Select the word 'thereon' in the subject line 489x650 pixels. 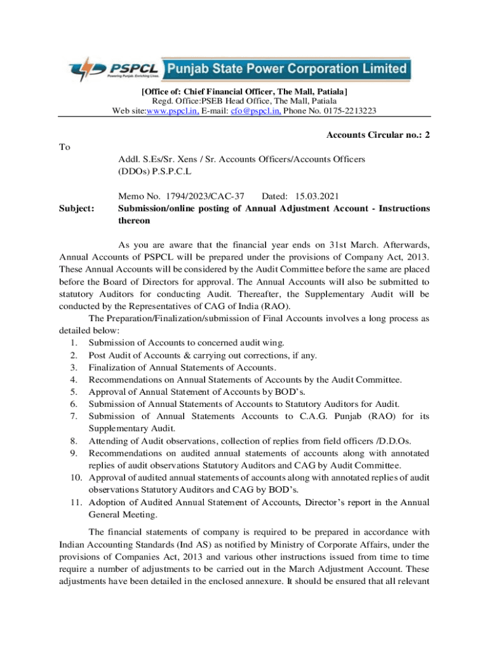[x=135, y=221]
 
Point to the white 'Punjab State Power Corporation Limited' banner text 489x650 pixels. [x=286, y=68]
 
